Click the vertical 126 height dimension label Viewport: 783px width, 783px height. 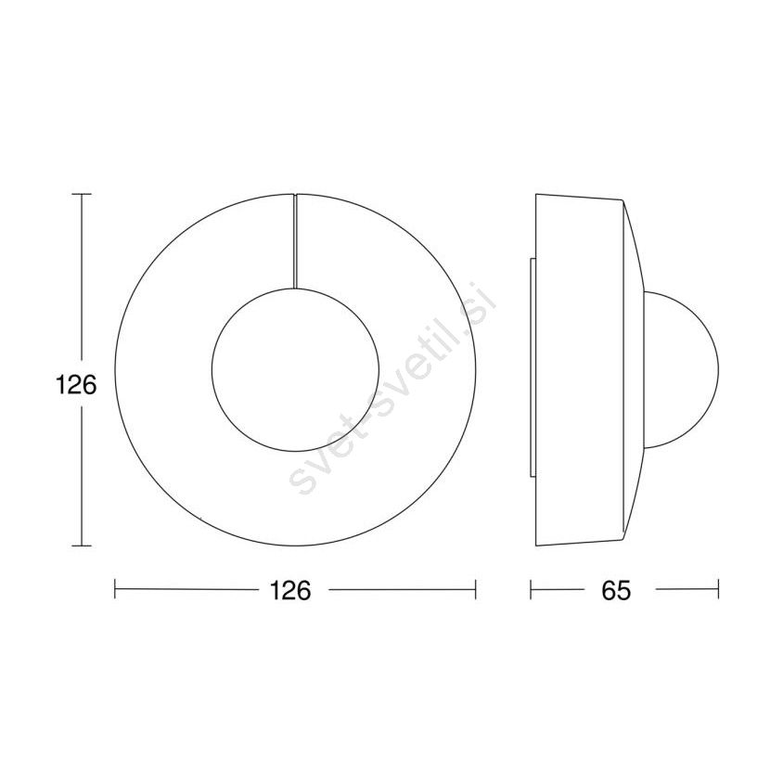(x=76, y=385)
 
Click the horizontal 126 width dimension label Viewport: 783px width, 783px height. (x=290, y=590)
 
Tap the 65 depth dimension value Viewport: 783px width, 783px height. (x=616, y=591)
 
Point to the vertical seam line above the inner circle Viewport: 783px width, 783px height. (x=295, y=241)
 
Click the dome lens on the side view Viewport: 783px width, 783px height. (x=682, y=370)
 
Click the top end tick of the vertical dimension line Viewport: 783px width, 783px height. (x=82, y=194)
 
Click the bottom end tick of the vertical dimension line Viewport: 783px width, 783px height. (x=82, y=546)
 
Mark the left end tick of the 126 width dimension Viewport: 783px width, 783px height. (x=115, y=589)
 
